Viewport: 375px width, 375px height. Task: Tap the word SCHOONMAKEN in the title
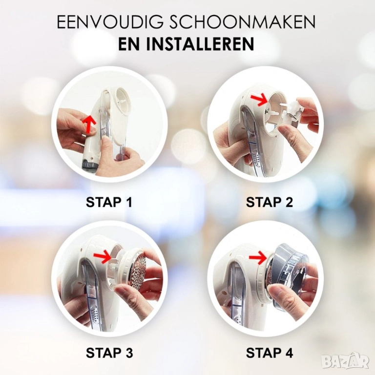click(243, 22)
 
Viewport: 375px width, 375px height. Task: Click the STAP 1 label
click(109, 202)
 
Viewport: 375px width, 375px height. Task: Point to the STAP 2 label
click(270, 202)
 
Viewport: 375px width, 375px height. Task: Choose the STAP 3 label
click(109, 353)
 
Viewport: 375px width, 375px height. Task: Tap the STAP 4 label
click(270, 353)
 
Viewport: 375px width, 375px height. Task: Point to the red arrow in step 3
click(103, 258)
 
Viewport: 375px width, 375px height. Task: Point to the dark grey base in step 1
click(90, 165)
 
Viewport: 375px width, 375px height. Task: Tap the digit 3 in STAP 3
click(128, 353)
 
